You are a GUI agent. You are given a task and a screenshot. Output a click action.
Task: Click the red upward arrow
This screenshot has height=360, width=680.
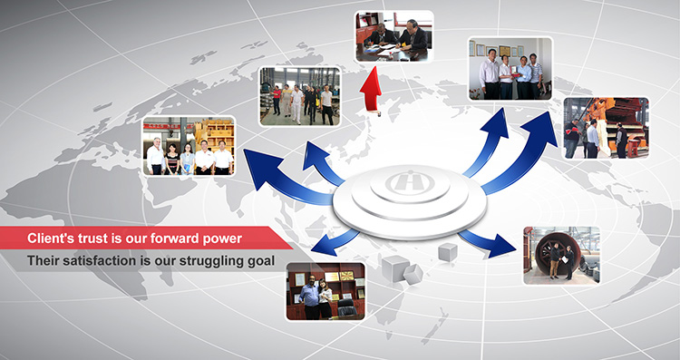click(370, 90)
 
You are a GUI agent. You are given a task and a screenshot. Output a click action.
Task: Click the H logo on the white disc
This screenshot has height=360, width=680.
click(407, 181)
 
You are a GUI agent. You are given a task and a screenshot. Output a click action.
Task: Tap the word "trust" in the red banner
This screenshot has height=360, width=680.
click(98, 238)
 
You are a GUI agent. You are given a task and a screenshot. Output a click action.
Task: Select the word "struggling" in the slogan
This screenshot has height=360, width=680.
click(210, 261)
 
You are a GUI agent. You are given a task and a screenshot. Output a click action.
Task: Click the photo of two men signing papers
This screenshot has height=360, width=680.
click(393, 37)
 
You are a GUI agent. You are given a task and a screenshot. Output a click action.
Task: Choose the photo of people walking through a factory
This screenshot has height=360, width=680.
click(299, 96)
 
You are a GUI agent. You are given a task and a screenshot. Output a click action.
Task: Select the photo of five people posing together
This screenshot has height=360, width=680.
click(189, 146)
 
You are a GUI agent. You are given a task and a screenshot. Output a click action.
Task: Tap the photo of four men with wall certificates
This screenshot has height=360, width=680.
click(510, 70)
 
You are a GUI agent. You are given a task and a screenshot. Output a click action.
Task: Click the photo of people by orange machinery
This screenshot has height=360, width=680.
click(606, 128)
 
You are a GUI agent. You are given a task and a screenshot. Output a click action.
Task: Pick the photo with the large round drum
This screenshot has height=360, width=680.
click(561, 256)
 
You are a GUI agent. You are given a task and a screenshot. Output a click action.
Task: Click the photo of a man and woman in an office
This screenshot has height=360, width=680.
click(325, 291)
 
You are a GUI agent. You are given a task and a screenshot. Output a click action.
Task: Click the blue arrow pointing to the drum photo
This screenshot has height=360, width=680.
click(486, 243)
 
